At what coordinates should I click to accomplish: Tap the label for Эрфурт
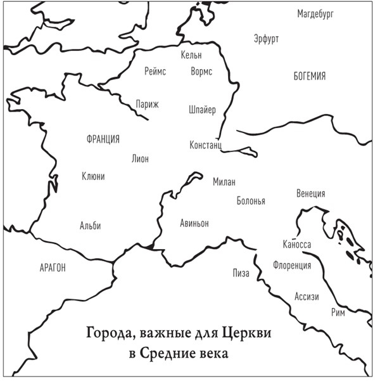pyautogui.click(x=266, y=38)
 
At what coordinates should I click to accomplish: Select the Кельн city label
pyautogui.click(x=191, y=55)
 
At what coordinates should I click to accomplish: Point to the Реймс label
pyautogui.click(x=155, y=72)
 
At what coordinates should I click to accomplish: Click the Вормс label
pyautogui.click(x=201, y=72)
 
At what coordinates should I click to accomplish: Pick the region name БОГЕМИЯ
pyautogui.click(x=310, y=77)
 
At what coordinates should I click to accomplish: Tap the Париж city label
pyautogui.click(x=147, y=104)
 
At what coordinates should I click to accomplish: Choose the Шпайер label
pyautogui.click(x=202, y=110)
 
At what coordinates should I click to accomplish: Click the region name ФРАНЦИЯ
pyautogui.click(x=103, y=139)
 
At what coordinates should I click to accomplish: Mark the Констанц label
pyautogui.click(x=205, y=145)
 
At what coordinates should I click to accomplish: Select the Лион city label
pyautogui.click(x=140, y=158)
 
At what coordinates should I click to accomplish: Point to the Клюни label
pyautogui.click(x=93, y=176)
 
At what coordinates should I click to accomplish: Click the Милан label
pyautogui.click(x=224, y=182)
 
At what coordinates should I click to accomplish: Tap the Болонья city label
pyautogui.click(x=251, y=201)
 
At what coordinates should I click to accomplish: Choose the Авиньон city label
pyautogui.click(x=194, y=223)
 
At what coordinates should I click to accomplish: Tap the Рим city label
pyautogui.click(x=338, y=313)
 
